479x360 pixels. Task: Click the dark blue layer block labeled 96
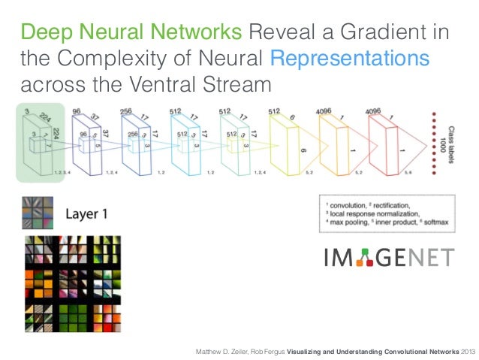(x=86, y=143)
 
